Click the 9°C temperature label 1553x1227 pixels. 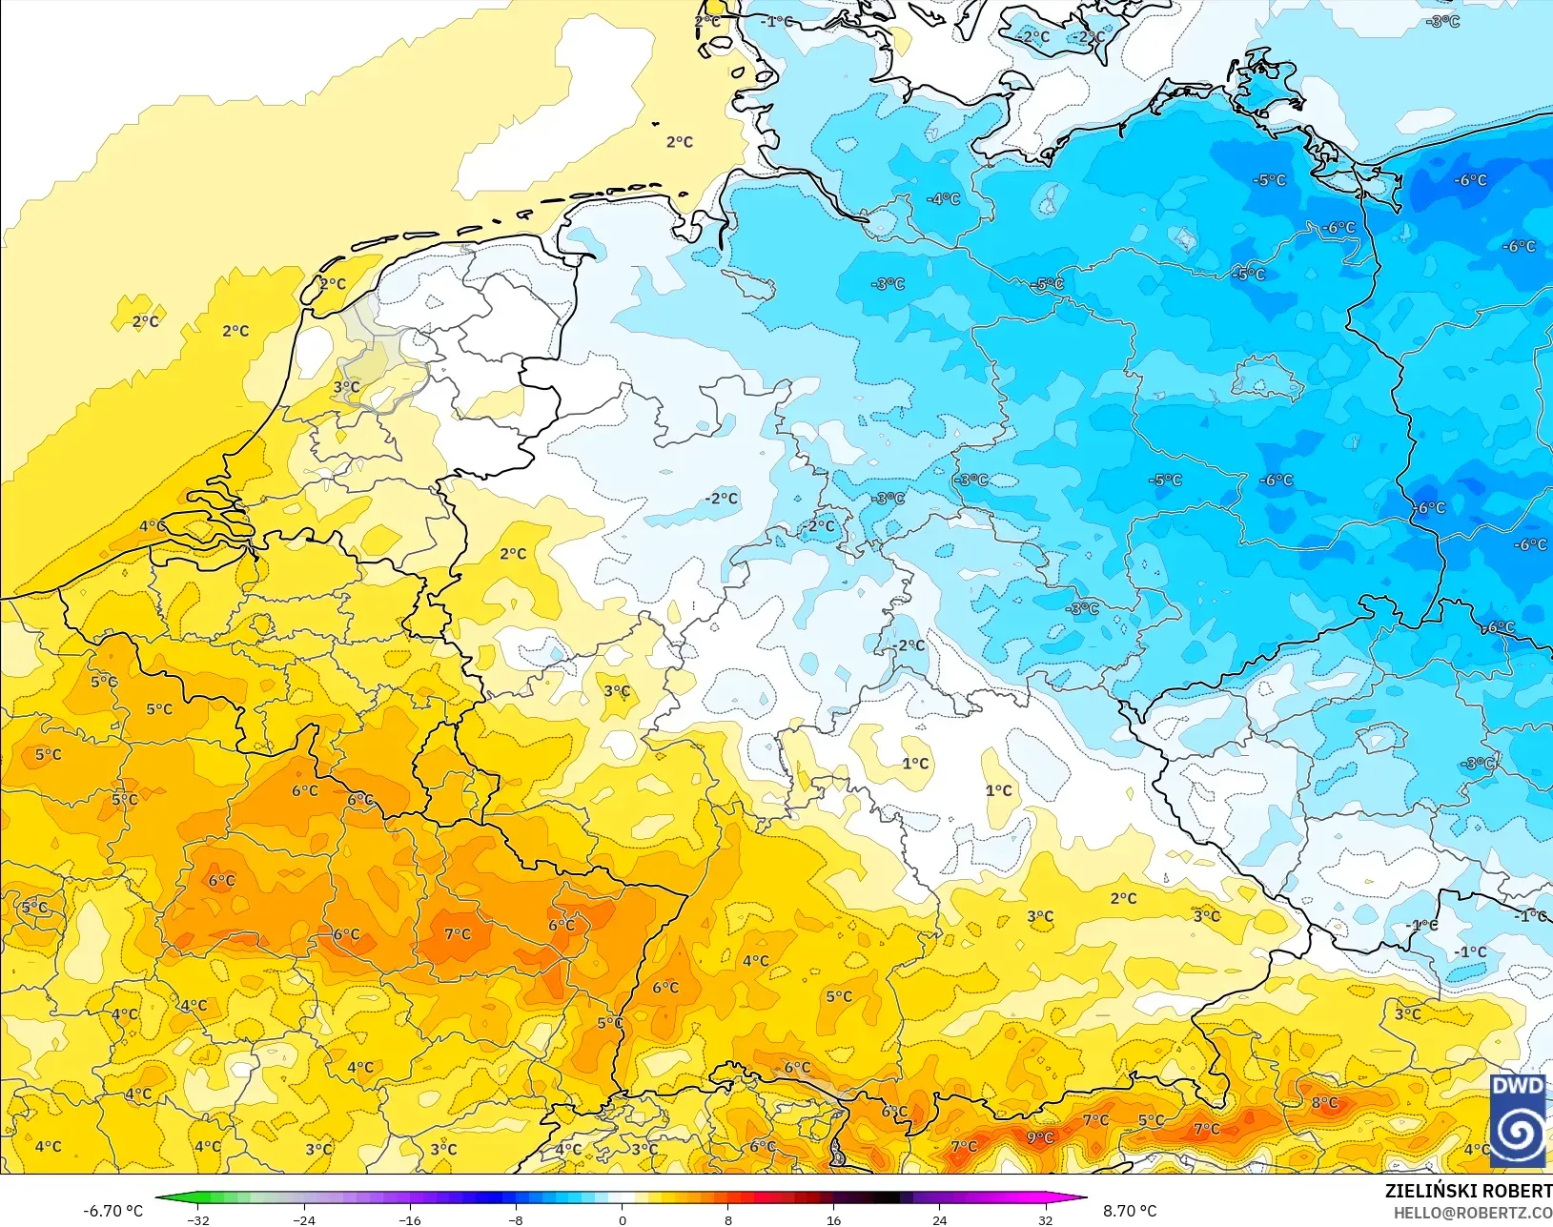point(1040,1137)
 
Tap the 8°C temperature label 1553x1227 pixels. point(1324,1103)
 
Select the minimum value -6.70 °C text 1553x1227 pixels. point(112,1211)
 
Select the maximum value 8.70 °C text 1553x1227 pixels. point(1130,1211)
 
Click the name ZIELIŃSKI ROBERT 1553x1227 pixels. point(1468,1192)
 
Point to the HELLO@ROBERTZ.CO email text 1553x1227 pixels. point(1473,1213)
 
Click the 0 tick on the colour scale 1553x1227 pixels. point(623,1219)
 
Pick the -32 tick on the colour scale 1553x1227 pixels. point(198,1219)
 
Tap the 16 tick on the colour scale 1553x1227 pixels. point(834,1219)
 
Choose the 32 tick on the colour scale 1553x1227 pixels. point(1045,1219)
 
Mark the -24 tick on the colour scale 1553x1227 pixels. point(304,1219)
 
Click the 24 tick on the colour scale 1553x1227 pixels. point(940,1219)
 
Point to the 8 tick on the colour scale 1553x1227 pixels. point(728,1219)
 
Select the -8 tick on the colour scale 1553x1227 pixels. point(516,1219)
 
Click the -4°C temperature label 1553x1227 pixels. point(944,199)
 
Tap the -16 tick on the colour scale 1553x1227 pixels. point(410,1219)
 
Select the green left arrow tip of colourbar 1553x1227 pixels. point(158,1199)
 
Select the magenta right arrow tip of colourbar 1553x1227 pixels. point(1085,1199)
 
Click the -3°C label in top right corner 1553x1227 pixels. point(1442,21)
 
